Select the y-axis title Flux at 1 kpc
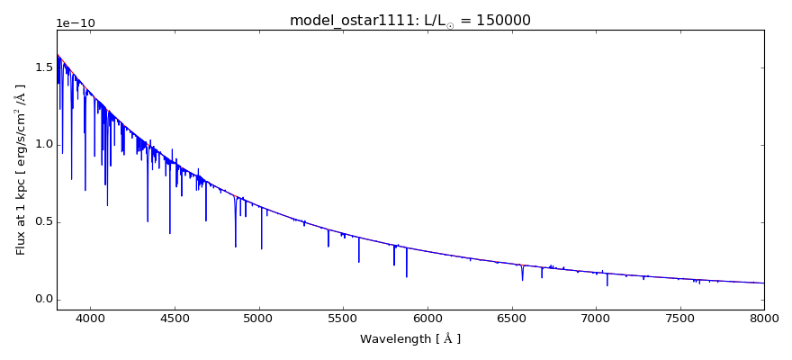click(x=21, y=169)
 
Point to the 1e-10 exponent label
click(x=76, y=23)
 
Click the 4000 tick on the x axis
click(x=90, y=318)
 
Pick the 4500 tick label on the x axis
click(x=175, y=318)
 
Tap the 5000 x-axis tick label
click(x=259, y=318)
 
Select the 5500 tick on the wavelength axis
click(x=343, y=318)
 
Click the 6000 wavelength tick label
click(x=427, y=318)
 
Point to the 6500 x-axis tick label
click(x=511, y=318)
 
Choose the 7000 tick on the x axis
click(x=596, y=318)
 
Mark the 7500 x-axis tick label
click(x=680, y=318)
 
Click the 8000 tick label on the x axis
click(x=764, y=318)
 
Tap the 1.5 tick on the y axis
click(x=41, y=67)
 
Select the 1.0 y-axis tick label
click(x=41, y=145)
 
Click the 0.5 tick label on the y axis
click(x=41, y=222)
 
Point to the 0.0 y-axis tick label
click(x=41, y=300)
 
